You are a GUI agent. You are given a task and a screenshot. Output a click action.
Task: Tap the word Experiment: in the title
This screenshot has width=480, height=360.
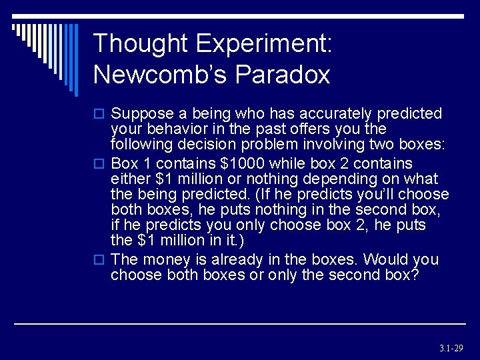click(264, 44)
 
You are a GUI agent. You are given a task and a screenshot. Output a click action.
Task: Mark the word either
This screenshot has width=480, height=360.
click(131, 179)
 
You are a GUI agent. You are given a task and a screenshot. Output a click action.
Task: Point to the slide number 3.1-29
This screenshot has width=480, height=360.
click(451, 348)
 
